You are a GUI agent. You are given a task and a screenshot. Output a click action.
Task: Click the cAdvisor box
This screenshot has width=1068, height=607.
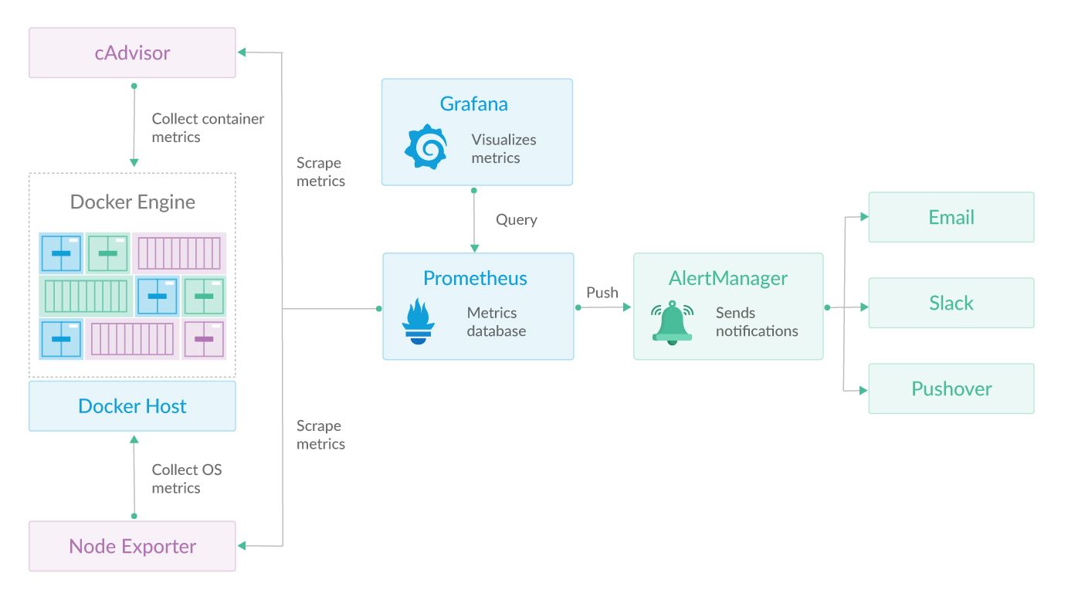click(132, 53)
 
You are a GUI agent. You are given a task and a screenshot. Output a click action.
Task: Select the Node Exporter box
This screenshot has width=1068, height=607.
click(132, 546)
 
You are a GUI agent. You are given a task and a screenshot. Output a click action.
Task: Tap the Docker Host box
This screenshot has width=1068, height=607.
click(132, 406)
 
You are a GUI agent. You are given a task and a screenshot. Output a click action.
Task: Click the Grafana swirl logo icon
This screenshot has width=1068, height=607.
click(426, 148)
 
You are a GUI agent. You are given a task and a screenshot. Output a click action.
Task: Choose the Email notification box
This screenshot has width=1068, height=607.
click(951, 218)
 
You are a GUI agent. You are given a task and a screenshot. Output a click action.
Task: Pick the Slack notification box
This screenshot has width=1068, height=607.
click(951, 303)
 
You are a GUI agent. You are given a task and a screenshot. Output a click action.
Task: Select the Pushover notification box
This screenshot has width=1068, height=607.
click(951, 388)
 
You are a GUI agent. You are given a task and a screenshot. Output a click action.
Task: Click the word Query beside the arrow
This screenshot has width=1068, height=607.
click(516, 219)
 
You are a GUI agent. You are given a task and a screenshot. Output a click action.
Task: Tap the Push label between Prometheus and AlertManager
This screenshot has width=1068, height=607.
click(602, 293)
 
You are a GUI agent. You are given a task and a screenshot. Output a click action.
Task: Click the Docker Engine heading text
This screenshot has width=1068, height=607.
click(132, 202)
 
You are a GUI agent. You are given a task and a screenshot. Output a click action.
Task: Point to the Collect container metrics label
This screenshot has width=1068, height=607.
click(207, 128)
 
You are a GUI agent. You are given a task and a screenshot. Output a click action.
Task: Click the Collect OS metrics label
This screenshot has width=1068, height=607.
click(186, 479)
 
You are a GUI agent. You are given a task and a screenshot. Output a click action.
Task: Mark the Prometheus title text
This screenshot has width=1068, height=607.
click(475, 278)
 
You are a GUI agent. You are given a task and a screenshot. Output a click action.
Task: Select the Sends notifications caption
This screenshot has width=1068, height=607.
click(756, 322)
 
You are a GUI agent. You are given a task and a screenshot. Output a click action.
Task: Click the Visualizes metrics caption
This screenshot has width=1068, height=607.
click(503, 149)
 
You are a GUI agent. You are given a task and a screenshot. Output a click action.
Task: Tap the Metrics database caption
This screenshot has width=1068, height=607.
click(496, 322)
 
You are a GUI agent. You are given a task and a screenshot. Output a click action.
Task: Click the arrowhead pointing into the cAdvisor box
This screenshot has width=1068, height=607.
click(242, 53)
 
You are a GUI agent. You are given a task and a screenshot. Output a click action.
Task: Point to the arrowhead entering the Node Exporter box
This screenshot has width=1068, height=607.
click(242, 546)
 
